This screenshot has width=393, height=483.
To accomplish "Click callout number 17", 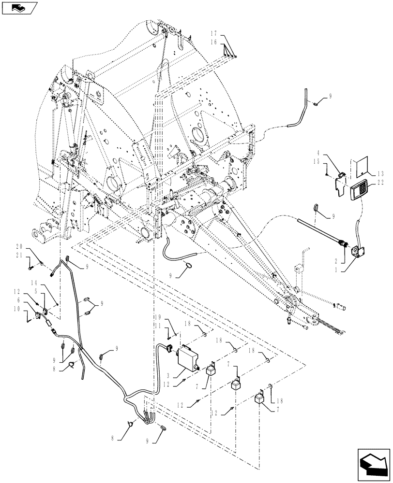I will tap(214, 34).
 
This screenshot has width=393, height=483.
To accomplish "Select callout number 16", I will tap(214, 43).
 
